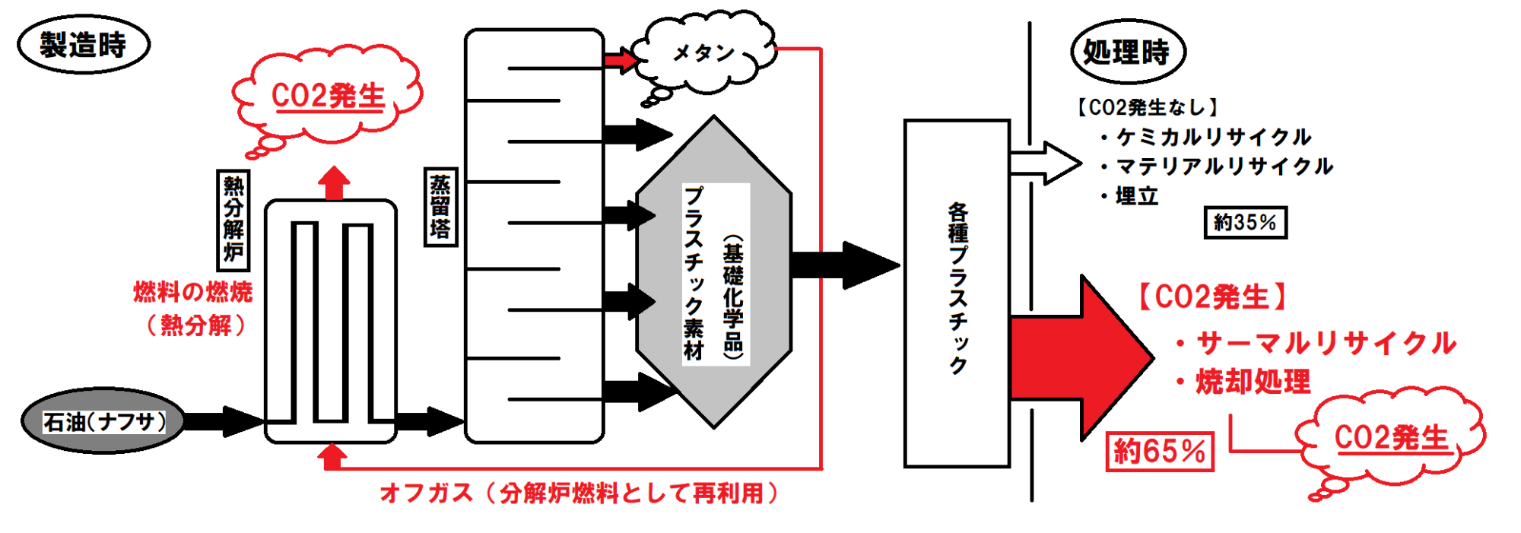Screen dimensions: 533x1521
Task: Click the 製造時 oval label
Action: tap(84, 44)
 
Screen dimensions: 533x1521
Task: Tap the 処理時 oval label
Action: tap(1128, 52)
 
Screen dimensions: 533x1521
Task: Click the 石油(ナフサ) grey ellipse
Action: tap(103, 420)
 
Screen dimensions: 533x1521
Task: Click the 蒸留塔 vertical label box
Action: tap(440, 207)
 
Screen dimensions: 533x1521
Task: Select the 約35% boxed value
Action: tap(1245, 222)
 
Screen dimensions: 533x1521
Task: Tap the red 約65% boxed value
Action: tap(1159, 451)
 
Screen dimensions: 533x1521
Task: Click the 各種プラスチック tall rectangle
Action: tap(957, 293)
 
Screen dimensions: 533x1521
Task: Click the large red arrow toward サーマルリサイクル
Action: tap(1080, 357)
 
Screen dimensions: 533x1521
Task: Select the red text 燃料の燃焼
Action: tap(192, 291)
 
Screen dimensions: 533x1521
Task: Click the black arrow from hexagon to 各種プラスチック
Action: tap(844, 265)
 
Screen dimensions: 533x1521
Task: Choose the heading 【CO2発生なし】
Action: tap(1147, 107)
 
